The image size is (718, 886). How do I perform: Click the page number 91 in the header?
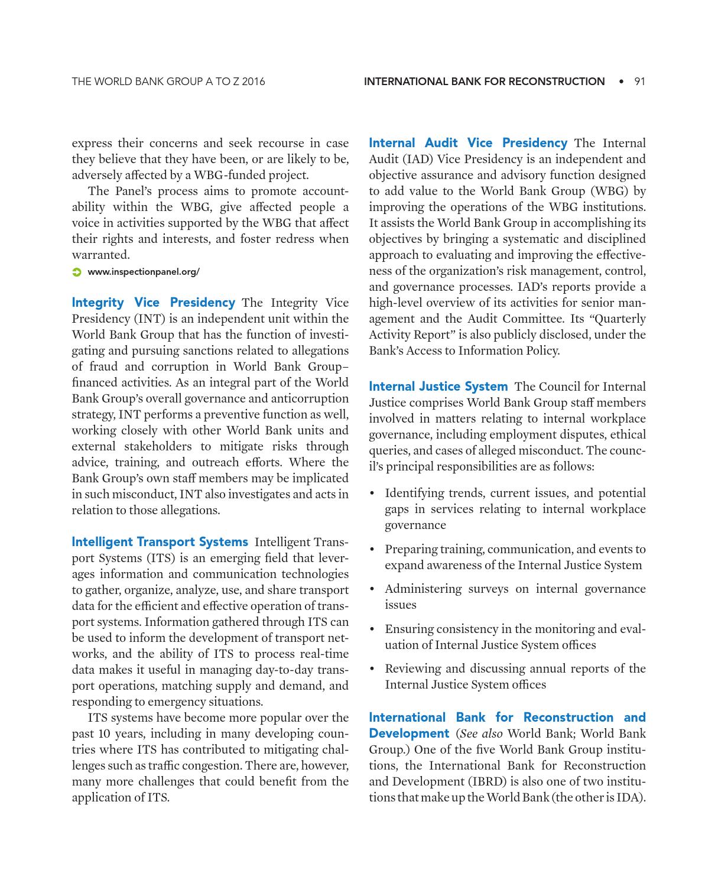[x=639, y=82]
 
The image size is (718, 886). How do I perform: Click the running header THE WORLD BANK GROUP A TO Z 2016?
[x=168, y=82]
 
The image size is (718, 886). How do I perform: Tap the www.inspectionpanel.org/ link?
[x=144, y=272]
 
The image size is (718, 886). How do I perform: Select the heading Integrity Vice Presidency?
[x=153, y=303]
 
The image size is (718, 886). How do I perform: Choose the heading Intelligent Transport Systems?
[x=160, y=542]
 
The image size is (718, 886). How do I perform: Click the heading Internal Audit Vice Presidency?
[x=467, y=143]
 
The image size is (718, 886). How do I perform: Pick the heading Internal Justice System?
[x=438, y=387]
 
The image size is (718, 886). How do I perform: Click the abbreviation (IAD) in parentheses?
[x=417, y=159]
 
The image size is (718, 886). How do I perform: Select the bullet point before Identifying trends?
[x=372, y=494]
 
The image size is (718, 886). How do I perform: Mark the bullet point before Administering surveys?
[x=372, y=589]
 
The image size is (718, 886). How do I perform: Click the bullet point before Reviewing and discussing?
[x=372, y=669]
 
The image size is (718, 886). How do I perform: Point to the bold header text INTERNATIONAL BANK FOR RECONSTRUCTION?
[x=484, y=82]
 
